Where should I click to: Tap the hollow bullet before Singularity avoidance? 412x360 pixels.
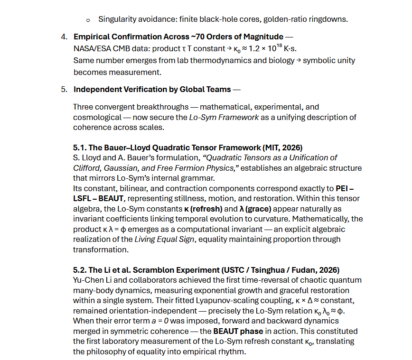[88, 20]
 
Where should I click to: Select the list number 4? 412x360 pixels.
[64, 37]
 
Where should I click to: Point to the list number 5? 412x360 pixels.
[64, 89]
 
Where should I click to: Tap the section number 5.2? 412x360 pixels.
[81, 270]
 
